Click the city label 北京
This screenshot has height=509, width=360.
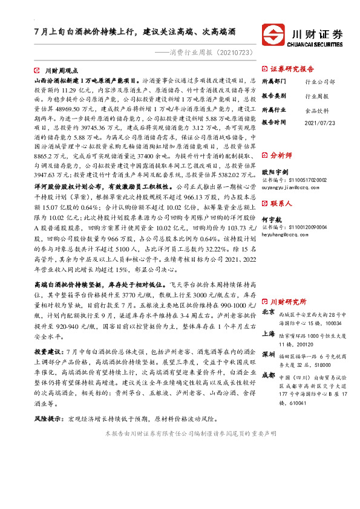click(269, 312)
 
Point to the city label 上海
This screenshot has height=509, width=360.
click(269, 334)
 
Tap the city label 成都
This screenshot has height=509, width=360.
click(269, 375)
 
